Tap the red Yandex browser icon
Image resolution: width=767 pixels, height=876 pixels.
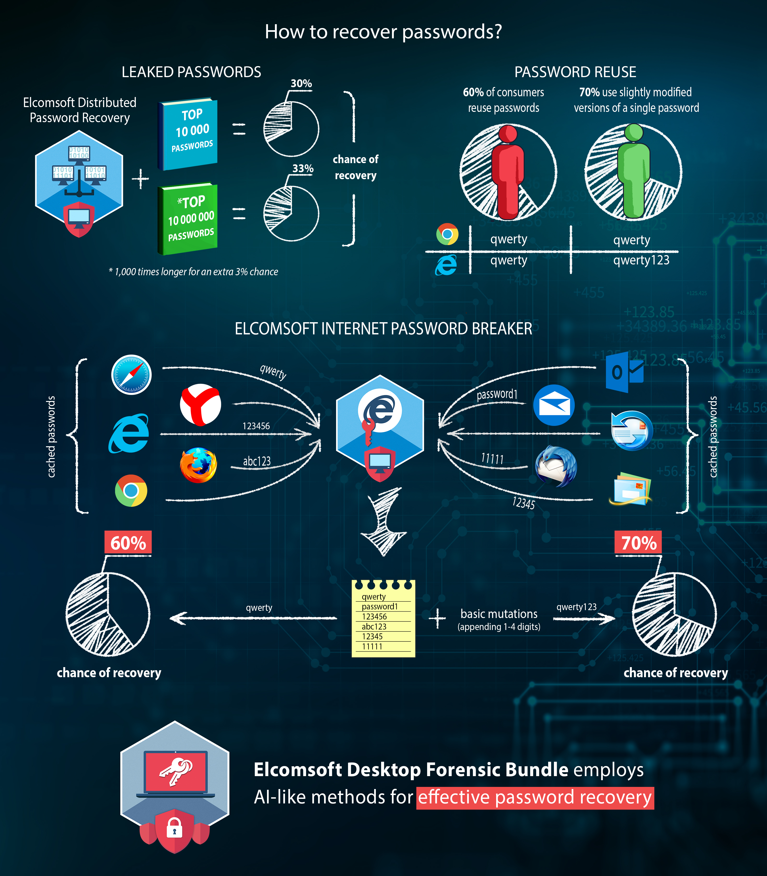200,404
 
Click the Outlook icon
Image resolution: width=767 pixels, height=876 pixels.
624,372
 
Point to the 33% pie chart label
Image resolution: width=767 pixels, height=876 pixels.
302,169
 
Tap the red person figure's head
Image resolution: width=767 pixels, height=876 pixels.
508,133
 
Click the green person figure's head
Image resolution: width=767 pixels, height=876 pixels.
633,132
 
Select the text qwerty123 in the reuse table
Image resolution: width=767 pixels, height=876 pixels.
641,260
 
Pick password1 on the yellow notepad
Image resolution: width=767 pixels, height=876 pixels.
380,607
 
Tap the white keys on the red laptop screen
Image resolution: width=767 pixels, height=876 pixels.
175,771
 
